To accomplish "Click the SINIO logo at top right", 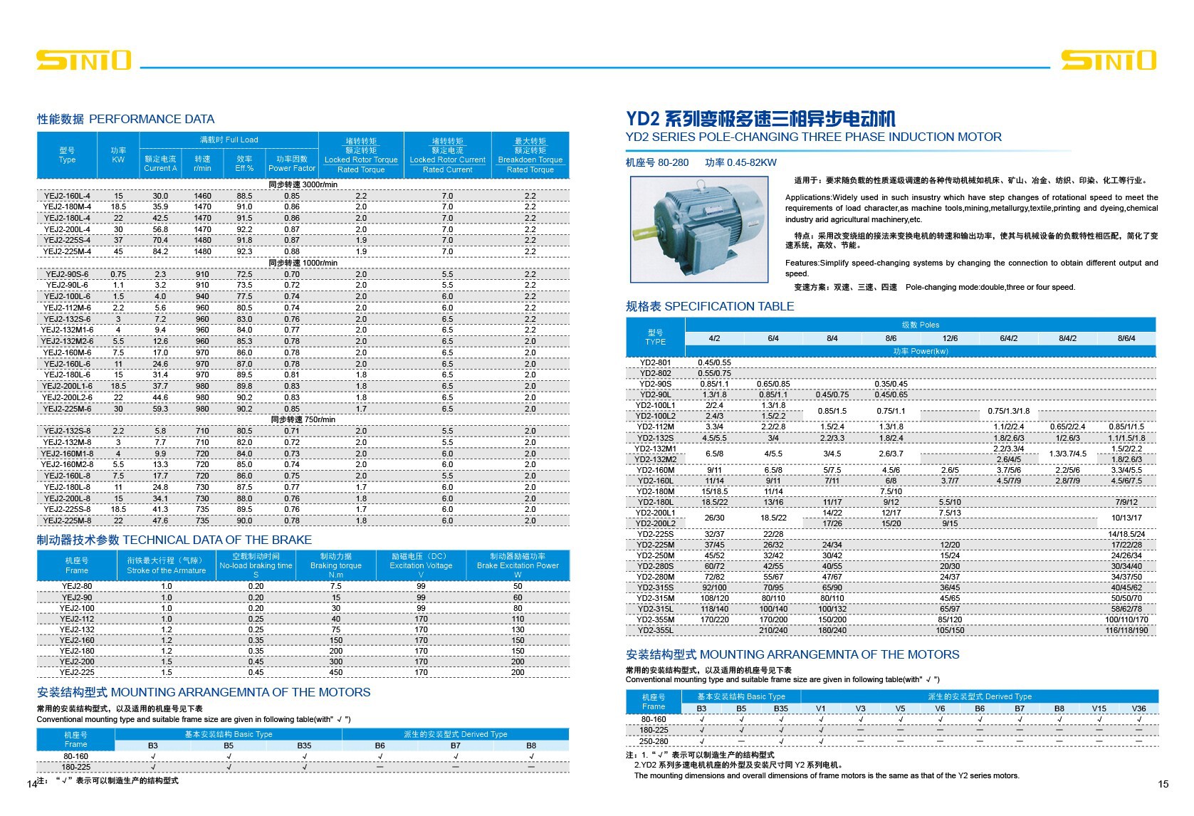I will pyautogui.click(x=1109, y=60).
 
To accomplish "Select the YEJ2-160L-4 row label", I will pyautogui.click(x=67, y=196).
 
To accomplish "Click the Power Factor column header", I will pyautogui.click(x=292, y=164).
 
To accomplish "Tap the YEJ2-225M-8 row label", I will pyautogui.click(x=67, y=521).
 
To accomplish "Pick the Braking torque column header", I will pyautogui.click(x=336, y=565).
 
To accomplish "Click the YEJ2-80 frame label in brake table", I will pyautogui.click(x=77, y=587).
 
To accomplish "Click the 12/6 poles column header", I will pyautogui.click(x=950, y=338).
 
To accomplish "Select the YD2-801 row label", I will pyautogui.click(x=655, y=362).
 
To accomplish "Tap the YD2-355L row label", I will pyautogui.click(x=655, y=630).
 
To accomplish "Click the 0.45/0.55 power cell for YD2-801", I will pyautogui.click(x=714, y=362).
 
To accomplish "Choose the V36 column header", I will pyautogui.click(x=1138, y=708).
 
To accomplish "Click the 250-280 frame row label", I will pyautogui.click(x=654, y=741).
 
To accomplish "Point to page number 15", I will pyautogui.click(x=1163, y=784).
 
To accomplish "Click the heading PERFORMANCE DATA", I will pyautogui.click(x=125, y=119).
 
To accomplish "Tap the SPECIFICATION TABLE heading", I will pyautogui.click(x=710, y=306).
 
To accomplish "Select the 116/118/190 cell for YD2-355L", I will pyautogui.click(x=1126, y=630).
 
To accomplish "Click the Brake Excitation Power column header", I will pyautogui.click(x=518, y=565).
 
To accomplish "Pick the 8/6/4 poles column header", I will pyautogui.click(x=1126, y=338).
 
